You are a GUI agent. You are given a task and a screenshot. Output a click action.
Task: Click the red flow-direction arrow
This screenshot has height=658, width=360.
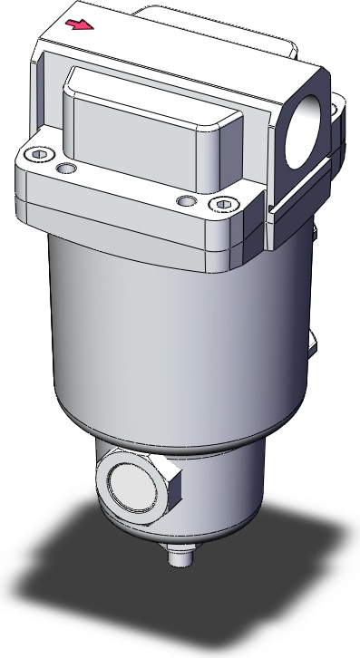[82, 25]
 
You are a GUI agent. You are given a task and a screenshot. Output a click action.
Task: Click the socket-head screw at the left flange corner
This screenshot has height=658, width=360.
[38, 155]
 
